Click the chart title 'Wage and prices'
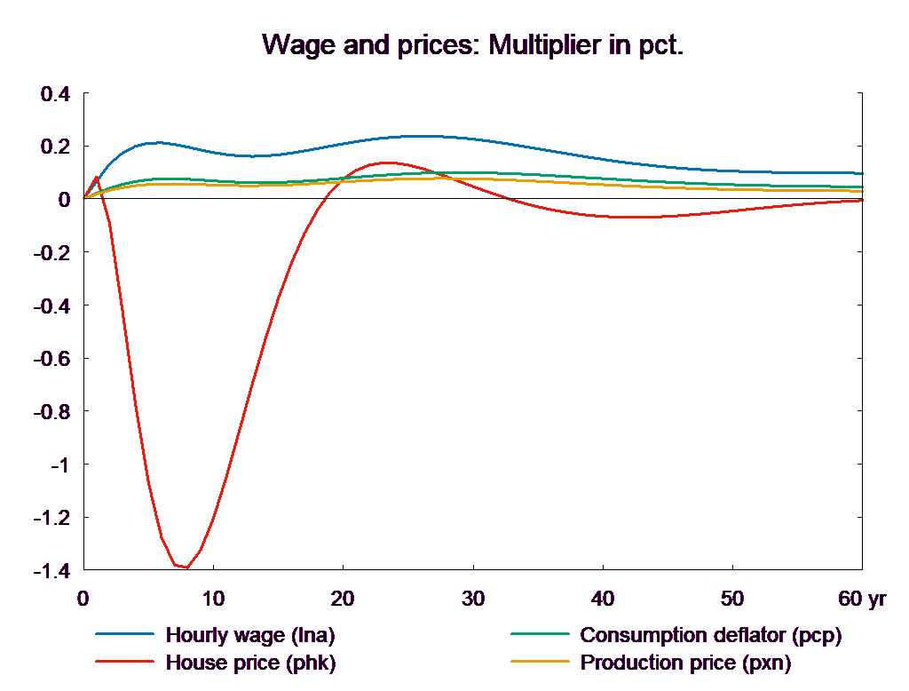tap(473, 44)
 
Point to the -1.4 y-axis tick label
tap(51, 571)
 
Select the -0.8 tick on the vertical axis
tap(51, 412)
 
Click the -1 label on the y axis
tap(59, 465)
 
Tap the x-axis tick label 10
tap(213, 599)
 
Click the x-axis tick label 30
tap(473, 599)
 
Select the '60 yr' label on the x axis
tap(862, 599)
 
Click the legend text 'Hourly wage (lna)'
tap(251, 635)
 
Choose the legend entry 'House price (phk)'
tap(251, 663)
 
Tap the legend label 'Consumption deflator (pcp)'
tap(710, 635)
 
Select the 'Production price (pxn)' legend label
tap(685, 663)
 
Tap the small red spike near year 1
tap(96, 178)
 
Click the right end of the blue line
tap(863, 173)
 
